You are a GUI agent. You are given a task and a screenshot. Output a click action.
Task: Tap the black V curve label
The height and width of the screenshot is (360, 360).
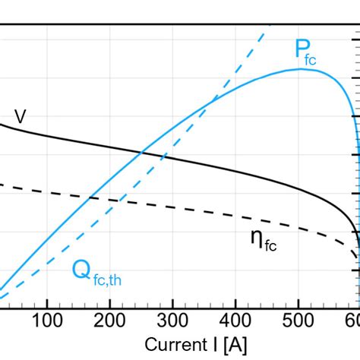[x=21, y=117]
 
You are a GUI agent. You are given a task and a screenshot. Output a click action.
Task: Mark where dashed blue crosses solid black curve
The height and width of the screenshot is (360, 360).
[x=162, y=156]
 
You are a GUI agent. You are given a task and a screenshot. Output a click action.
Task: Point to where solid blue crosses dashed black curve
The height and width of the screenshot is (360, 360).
[x=90, y=197]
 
